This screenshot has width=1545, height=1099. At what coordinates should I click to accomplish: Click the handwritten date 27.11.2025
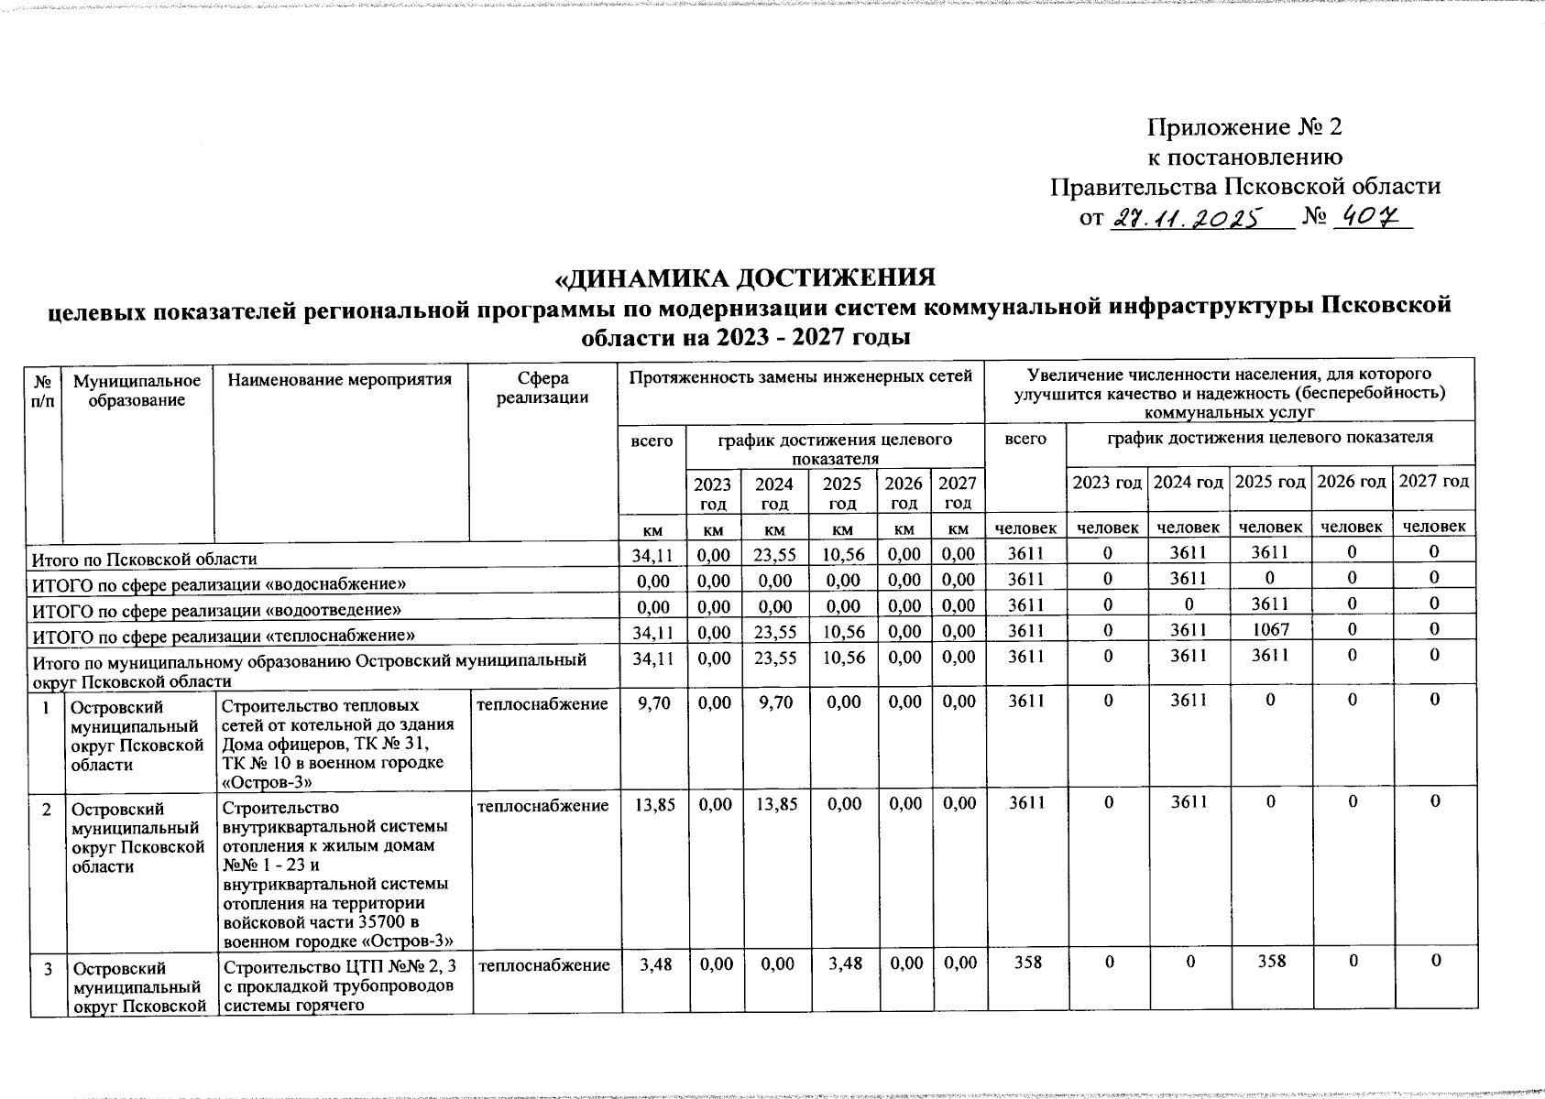1186,220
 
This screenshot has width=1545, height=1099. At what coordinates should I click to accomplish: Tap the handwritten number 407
1371,219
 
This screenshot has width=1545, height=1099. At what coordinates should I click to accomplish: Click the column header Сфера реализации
542,388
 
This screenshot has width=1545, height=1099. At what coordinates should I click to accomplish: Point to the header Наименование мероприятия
339,379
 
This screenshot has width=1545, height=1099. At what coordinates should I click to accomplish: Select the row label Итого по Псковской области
145,559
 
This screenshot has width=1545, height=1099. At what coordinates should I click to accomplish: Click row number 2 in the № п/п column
46,809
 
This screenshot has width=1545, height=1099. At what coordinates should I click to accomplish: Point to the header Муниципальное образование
137,389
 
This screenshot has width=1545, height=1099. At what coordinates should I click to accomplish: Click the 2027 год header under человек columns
1433,482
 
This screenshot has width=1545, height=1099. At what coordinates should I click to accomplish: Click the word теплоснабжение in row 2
542,806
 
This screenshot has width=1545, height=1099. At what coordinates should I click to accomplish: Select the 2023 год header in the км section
712,493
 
